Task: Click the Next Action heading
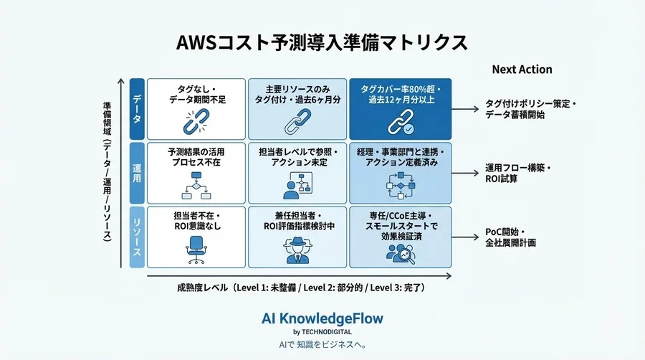coord(522,70)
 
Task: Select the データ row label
coord(136,109)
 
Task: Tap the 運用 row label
coord(136,173)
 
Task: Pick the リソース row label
coord(136,236)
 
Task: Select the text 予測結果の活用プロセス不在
coord(196,158)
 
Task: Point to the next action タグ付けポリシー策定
coord(529,104)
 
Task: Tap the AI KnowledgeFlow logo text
coord(322,318)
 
